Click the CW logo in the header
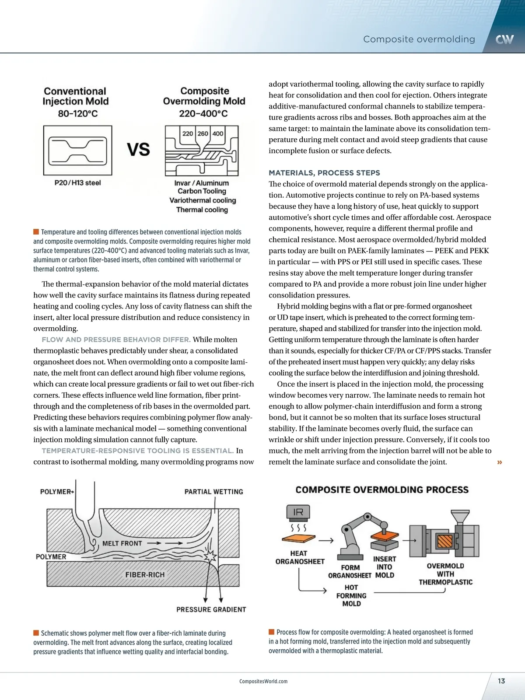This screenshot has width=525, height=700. (504, 40)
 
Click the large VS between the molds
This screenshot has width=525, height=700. (138, 150)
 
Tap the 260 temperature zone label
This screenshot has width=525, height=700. (203, 133)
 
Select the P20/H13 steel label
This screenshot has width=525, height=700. (77, 183)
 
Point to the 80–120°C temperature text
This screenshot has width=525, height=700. (78, 114)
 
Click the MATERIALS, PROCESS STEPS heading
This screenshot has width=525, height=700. (324, 173)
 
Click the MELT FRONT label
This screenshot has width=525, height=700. (122, 543)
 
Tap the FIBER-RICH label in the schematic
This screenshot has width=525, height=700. (145, 574)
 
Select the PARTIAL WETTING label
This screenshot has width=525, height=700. (213, 492)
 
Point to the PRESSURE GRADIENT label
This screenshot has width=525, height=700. (211, 609)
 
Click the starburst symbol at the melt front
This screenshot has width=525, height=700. (211, 556)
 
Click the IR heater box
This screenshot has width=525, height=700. (298, 512)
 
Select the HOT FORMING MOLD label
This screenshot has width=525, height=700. (351, 595)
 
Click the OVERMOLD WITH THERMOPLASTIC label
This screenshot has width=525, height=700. (445, 574)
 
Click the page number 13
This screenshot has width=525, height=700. (501, 681)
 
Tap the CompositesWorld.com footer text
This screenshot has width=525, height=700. (263, 681)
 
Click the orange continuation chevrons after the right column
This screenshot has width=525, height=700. (500, 462)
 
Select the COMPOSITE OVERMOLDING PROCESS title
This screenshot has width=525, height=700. (382, 490)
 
